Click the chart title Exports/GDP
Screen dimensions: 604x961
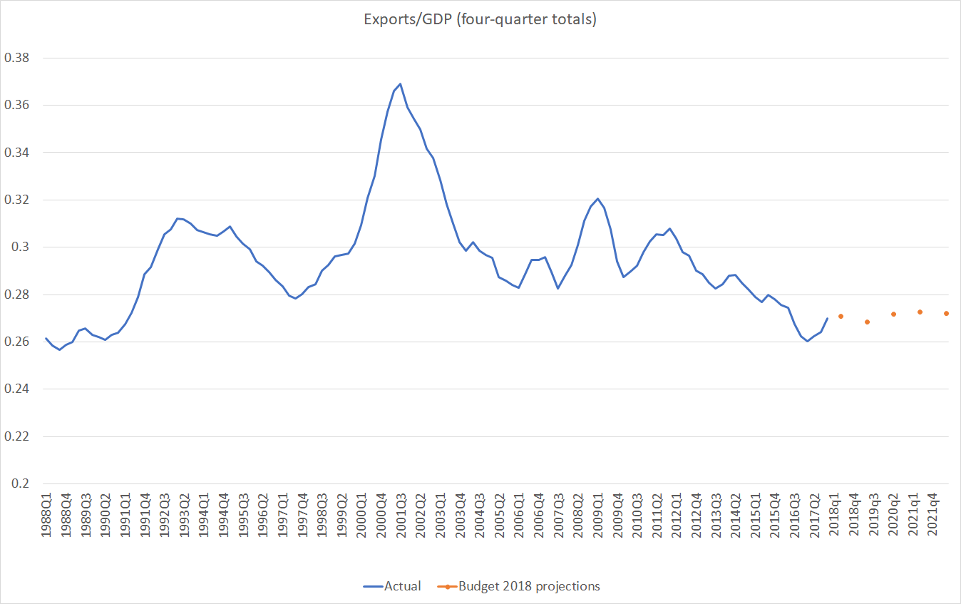tap(480, 19)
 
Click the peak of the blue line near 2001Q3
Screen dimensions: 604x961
tap(401, 83)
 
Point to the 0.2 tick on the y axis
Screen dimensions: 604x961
tap(21, 483)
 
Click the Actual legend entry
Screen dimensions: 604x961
tap(392, 586)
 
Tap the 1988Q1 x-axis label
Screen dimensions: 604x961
tap(46, 518)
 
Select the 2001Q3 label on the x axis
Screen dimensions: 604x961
tap(401, 518)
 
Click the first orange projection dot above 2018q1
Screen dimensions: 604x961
tap(841, 316)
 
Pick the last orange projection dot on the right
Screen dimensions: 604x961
tap(947, 313)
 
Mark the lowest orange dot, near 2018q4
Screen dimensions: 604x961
tap(868, 322)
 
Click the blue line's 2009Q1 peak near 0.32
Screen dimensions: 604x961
tap(597, 199)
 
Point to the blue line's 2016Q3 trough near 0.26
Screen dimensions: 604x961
tap(807, 341)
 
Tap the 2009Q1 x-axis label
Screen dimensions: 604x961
tap(597, 518)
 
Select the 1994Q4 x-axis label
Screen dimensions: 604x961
tap(223, 518)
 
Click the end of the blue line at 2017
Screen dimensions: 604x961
tap(827, 319)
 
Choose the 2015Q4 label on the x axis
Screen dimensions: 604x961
tap(775, 518)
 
